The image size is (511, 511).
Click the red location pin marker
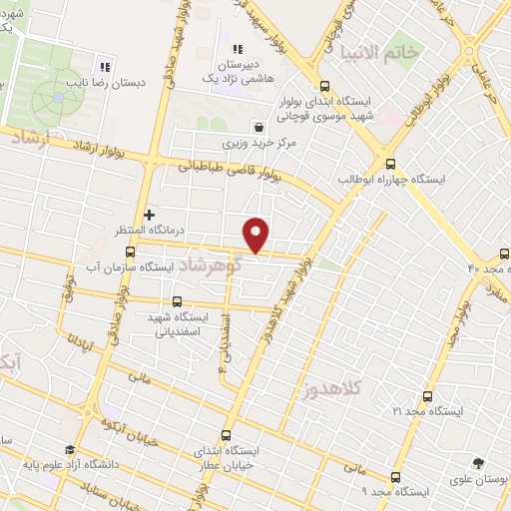tap(257, 235)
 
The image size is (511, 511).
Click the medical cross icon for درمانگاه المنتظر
tap(150, 214)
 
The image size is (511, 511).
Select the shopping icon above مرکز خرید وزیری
tap(259, 127)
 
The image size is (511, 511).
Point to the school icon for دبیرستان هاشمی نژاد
tap(238, 49)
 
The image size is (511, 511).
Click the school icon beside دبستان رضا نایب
tap(102, 57)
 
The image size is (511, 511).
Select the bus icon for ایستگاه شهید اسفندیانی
tap(177, 300)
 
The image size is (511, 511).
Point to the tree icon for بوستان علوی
tap(480, 463)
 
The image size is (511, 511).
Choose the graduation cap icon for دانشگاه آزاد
tap(69, 450)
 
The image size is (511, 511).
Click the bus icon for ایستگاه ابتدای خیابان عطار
tap(226, 435)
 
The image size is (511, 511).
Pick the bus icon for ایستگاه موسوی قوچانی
tap(324, 86)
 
